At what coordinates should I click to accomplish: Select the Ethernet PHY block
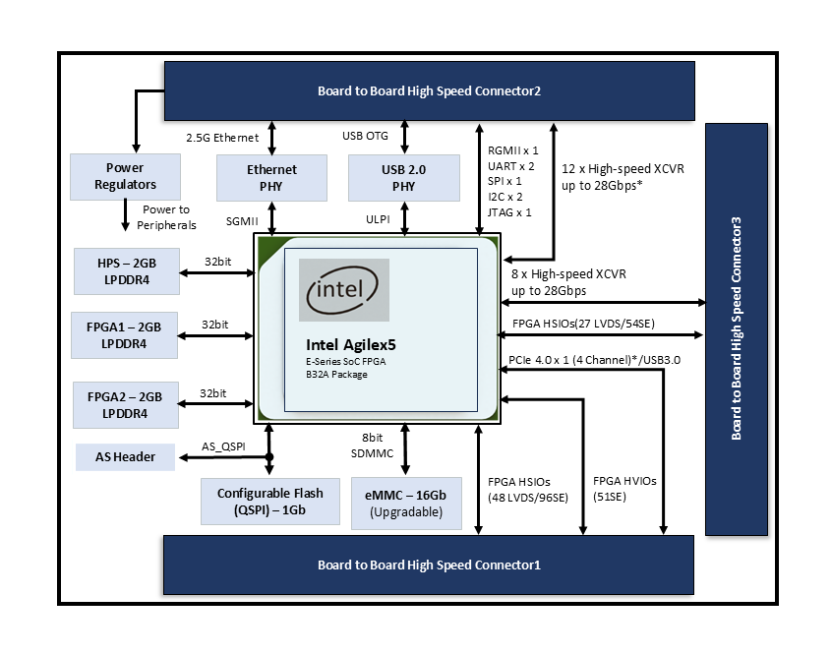coord(271,178)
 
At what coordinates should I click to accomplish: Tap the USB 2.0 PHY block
coord(404,178)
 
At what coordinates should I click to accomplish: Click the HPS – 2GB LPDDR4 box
coord(126,271)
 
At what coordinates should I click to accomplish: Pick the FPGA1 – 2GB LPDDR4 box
coord(124,335)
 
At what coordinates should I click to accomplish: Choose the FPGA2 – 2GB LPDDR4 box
coord(124,406)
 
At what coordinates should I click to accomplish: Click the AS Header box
coord(126,457)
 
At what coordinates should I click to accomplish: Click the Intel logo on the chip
coord(343,291)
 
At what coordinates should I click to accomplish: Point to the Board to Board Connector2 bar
coord(429,91)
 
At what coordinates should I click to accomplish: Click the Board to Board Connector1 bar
coord(429,565)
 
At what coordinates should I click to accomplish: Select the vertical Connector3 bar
coord(736,329)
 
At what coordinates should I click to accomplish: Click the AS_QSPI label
coord(222,446)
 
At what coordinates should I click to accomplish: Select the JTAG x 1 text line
coord(509,211)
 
